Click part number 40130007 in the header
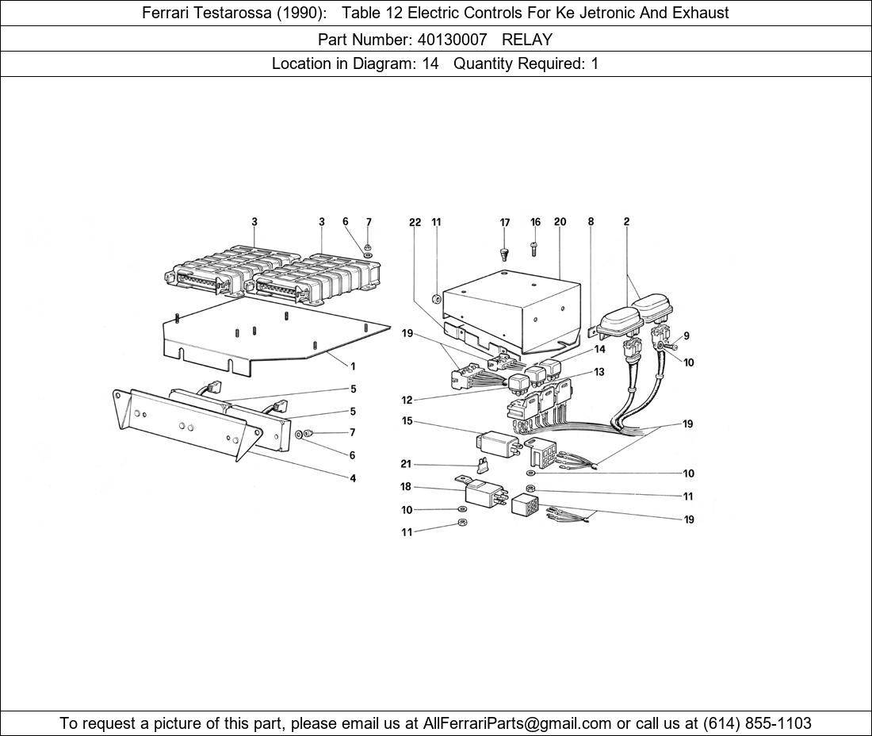tap(452, 40)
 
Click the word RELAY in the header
tap(527, 40)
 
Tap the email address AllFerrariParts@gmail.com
tap(517, 723)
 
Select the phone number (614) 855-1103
tap(757, 723)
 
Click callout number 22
tap(415, 223)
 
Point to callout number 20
tap(560, 221)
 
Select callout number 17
tap(504, 223)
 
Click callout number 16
tap(535, 222)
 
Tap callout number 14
tap(599, 350)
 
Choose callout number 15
tap(407, 420)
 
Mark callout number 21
tap(406, 464)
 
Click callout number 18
tap(405, 487)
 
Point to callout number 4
tap(353, 478)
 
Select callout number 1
tap(353, 366)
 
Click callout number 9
tap(687, 335)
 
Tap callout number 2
tap(626, 221)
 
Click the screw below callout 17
tap(504, 254)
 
